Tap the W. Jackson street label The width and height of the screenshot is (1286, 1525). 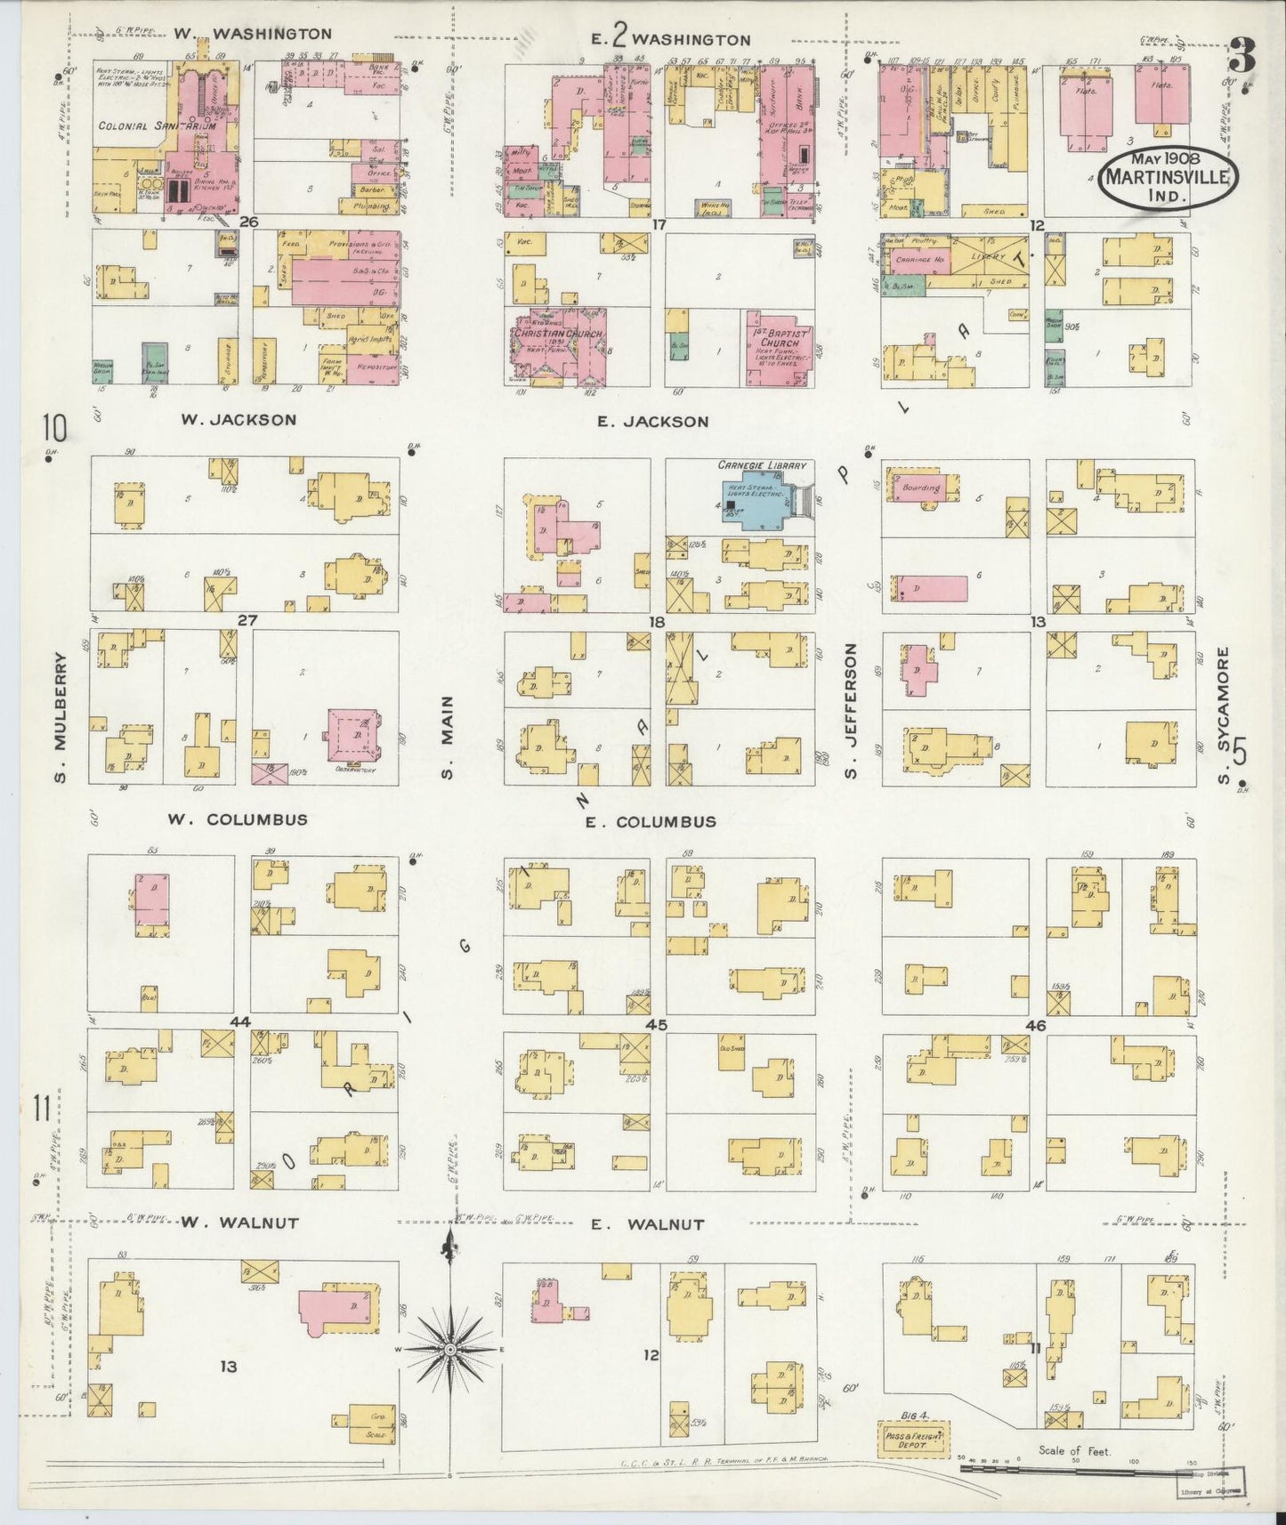coord(239,420)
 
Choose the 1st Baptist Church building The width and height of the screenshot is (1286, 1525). coord(778,348)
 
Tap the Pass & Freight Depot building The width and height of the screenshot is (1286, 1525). coord(914,1439)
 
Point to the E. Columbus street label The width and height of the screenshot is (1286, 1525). coord(650,822)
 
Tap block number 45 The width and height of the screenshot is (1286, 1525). coord(656,1025)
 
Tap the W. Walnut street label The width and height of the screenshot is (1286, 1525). coord(239,1223)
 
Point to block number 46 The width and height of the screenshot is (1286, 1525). coord(1035,1025)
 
